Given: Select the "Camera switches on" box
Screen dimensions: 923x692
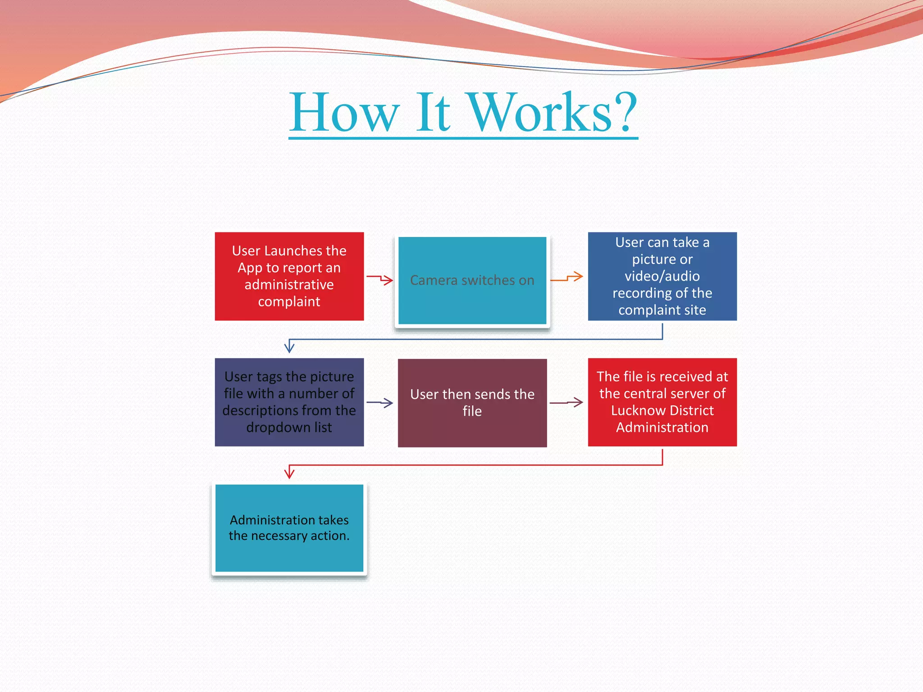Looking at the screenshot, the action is tap(472, 280).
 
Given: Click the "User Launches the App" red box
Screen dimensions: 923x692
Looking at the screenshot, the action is tap(289, 276).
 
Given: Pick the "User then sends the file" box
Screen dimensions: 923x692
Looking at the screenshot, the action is tap(472, 403).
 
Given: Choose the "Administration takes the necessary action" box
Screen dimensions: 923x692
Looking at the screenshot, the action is tap(289, 528).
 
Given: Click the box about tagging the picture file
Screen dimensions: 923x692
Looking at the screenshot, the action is tap(289, 402).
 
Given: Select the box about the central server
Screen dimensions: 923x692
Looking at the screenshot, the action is tap(662, 402).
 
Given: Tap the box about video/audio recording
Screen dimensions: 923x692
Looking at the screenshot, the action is tap(662, 276).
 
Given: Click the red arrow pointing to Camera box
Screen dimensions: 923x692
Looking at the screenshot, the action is tap(380, 279).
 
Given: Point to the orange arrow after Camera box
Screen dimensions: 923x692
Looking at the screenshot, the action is tap(567, 278).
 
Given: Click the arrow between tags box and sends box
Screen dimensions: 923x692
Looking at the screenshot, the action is tap(380, 402).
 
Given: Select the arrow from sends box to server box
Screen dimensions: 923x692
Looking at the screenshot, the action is tap(567, 402).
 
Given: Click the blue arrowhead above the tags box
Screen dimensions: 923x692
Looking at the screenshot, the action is tap(289, 347).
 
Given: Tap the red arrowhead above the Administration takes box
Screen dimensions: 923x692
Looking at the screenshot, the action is tap(289, 473).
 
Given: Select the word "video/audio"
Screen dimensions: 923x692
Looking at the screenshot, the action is tap(662, 276).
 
